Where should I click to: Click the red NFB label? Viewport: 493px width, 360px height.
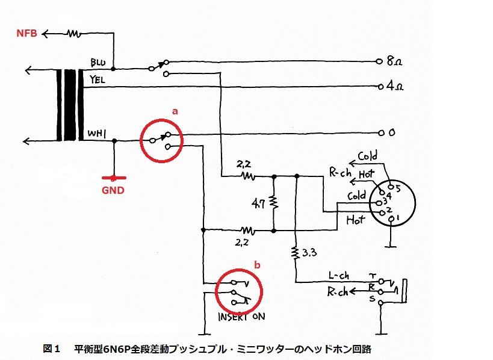click(x=26, y=34)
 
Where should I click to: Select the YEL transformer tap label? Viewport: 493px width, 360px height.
click(x=98, y=79)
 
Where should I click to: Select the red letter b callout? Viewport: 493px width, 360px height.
click(x=257, y=264)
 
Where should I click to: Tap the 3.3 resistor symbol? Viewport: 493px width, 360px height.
click(x=297, y=252)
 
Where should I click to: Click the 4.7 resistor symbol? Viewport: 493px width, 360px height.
click(x=273, y=202)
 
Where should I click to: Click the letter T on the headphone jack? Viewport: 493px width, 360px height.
click(x=372, y=275)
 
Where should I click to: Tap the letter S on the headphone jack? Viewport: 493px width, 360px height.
click(x=372, y=298)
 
